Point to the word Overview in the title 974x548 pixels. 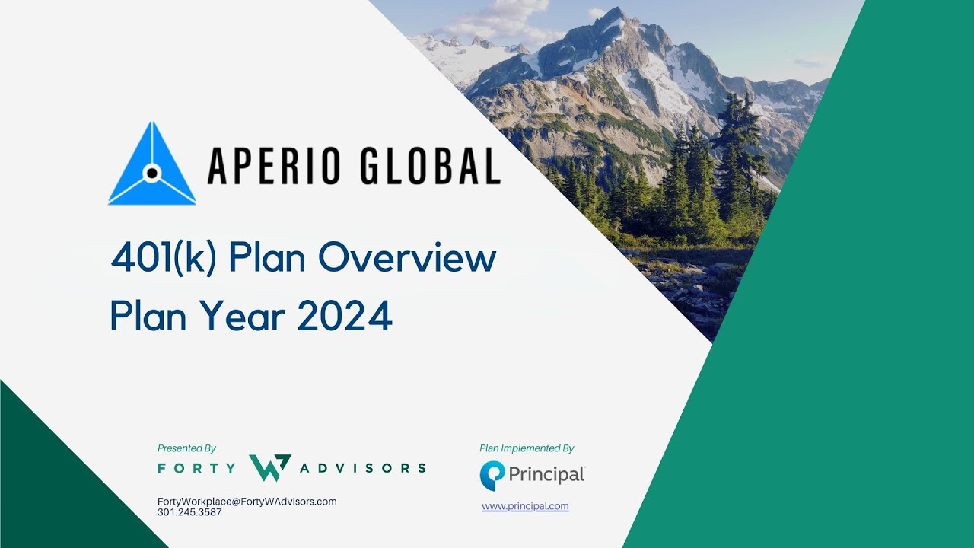coord(407,260)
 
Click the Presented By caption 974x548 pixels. coord(186,448)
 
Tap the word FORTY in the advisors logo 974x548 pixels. coord(196,467)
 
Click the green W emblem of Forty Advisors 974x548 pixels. coord(269,467)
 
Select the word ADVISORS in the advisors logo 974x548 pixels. coord(362,467)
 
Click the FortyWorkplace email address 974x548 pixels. coord(247,502)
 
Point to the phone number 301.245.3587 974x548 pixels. coord(189,512)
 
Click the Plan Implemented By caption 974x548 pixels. coord(527,448)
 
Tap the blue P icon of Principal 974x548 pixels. coord(492,476)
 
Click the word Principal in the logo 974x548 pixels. coord(547,475)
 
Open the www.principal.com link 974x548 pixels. coord(525,506)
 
